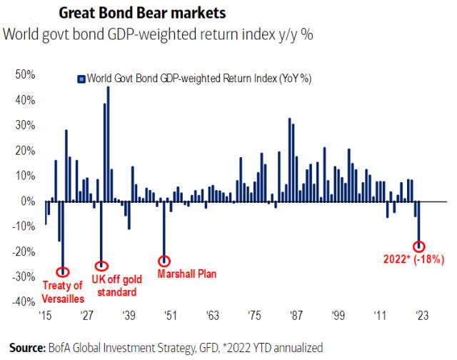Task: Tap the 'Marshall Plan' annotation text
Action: [x=187, y=273]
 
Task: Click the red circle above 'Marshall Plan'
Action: [x=164, y=261]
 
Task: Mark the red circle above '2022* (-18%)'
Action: [x=418, y=246]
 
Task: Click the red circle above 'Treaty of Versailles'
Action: [x=62, y=271]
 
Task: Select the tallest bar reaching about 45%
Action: [x=108, y=144]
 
